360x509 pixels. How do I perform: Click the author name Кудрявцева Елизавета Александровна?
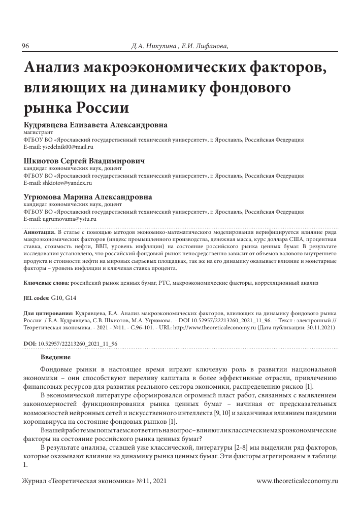coord(95,125)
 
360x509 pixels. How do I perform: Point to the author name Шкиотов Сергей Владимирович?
coord(84,160)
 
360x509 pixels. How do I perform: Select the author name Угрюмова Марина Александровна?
coord(87,196)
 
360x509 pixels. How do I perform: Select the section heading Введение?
coord(56,357)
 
